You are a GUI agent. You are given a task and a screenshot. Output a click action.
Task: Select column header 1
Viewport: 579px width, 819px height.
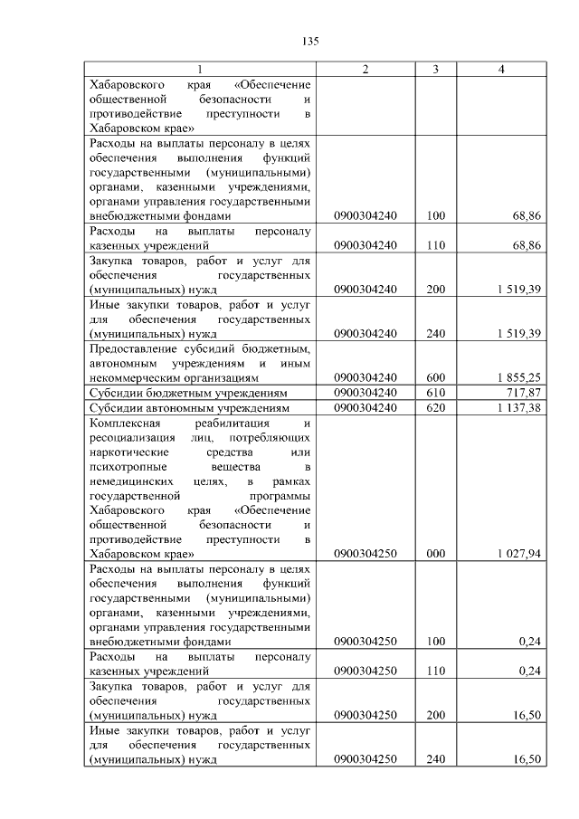click(201, 71)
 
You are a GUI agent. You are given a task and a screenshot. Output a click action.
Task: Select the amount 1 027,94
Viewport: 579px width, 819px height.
click(518, 553)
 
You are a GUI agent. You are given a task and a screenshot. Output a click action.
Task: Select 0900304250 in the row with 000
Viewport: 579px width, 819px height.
click(365, 553)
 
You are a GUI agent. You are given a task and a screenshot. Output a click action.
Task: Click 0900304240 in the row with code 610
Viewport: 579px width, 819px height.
click(365, 394)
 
